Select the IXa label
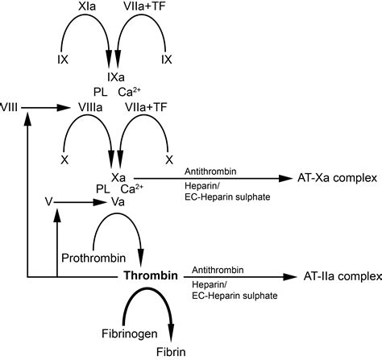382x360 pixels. [x=118, y=75]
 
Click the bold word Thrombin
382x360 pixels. [x=150, y=276]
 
